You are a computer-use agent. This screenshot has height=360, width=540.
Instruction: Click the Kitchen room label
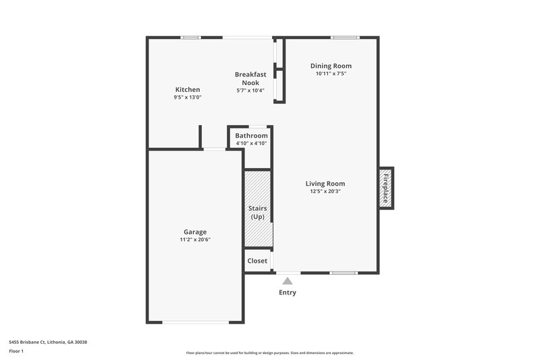(x=188, y=90)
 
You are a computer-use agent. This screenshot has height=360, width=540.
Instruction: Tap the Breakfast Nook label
(x=250, y=78)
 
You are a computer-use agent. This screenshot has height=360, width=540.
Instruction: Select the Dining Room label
(x=331, y=66)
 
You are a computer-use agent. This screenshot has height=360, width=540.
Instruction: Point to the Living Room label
(x=325, y=184)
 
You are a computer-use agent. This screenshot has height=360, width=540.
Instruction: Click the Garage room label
(x=195, y=232)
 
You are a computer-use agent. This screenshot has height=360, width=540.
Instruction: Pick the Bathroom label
(x=251, y=136)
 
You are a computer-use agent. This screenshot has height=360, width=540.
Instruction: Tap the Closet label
(x=257, y=261)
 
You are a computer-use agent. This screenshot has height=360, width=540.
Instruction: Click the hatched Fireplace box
(x=386, y=188)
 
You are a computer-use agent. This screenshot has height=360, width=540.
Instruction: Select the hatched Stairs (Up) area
(x=257, y=209)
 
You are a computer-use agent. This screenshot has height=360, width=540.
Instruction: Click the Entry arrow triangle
(x=288, y=280)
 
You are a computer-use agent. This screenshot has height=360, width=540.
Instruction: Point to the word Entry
(x=288, y=292)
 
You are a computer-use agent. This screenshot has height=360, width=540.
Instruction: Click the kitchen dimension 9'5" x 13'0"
(x=188, y=98)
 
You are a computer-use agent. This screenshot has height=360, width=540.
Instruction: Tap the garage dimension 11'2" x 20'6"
(x=195, y=240)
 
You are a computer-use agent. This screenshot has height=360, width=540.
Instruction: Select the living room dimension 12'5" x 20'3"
(x=325, y=192)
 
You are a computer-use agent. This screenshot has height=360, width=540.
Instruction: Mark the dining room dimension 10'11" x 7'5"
(x=331, y=74)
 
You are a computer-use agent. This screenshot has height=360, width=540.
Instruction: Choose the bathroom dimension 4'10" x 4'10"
(x=251, y=143)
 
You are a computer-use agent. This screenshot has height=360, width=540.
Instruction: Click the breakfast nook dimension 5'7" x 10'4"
(x=250, y=91)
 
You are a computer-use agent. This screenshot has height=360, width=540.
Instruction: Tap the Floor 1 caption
(x=17, y=352)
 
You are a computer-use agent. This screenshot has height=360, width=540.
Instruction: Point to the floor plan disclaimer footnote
(x=270, y=353)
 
